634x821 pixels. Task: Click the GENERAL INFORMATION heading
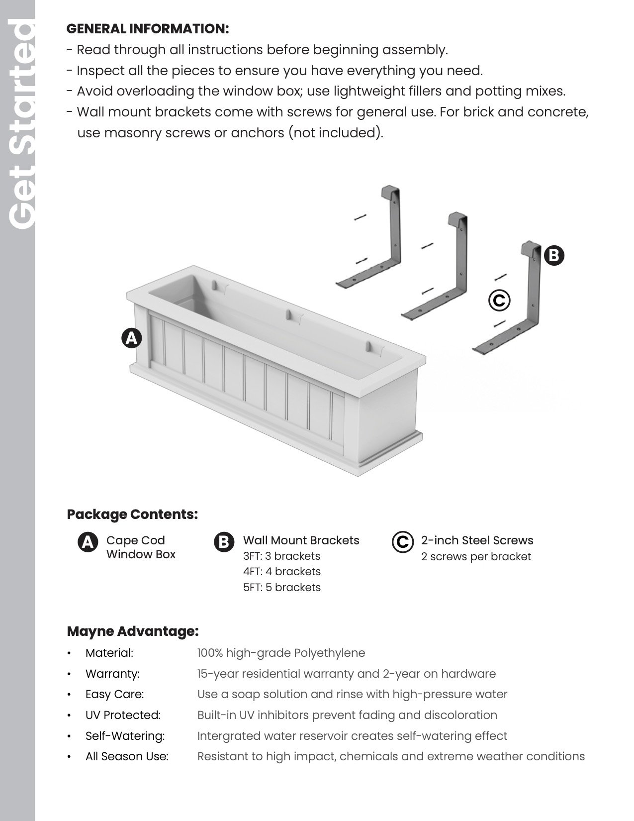pos(148,29)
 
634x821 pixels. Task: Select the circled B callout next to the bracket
pos(554,256)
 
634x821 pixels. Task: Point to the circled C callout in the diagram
pos(499,300)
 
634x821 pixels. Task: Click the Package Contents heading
pos(132,514)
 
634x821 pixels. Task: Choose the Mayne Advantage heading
pos(133,631)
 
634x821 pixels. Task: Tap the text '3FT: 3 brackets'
pos(281,556)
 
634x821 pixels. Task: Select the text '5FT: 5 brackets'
pos(282,587)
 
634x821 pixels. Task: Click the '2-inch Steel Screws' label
pos(477,540)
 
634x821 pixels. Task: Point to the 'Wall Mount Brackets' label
pos(301,540)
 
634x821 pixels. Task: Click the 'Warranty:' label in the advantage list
pos(112,674)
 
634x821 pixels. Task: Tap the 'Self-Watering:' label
pos(125,736)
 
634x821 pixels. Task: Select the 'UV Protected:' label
pos(123,715)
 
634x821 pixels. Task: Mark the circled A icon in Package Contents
pos(88,542)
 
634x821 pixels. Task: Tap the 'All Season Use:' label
pos(127,756)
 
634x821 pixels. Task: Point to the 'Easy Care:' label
pos(114,694)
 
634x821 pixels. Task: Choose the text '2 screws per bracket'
pos(476,556)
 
